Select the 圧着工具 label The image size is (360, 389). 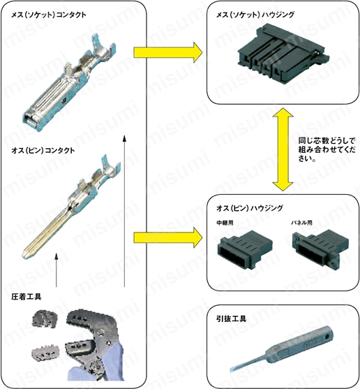[x=27, y=297]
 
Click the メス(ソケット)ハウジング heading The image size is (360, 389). [x=257, y=14]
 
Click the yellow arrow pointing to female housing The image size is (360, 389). [x=167, y=52]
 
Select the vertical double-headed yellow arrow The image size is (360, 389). [x=283, y=149]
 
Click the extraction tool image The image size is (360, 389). [x=279, y=353]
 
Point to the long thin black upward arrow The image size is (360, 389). [x=125, y=210]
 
